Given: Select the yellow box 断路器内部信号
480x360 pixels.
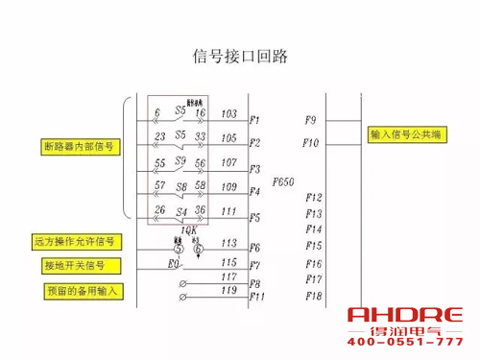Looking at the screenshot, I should (80, 147).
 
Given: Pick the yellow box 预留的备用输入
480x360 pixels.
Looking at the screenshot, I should (79, 289).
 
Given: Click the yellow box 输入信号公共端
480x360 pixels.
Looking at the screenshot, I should (405, 136).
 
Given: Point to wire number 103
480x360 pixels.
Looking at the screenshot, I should (228, 113).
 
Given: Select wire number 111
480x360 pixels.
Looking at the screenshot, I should (228, 210).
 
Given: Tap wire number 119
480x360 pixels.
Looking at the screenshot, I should (228, 289).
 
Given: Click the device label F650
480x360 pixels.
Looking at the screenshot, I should (283, 180).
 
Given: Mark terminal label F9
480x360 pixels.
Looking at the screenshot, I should (310, 121).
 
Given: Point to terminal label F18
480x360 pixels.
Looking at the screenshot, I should (313, 296).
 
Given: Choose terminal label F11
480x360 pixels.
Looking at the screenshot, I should (256, 297).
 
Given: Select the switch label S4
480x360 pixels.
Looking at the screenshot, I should (180, 209).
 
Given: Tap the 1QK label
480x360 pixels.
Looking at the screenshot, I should (188, 230).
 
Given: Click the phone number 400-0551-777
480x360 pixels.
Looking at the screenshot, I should (404, 343).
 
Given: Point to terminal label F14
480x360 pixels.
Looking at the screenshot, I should (313, 229).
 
